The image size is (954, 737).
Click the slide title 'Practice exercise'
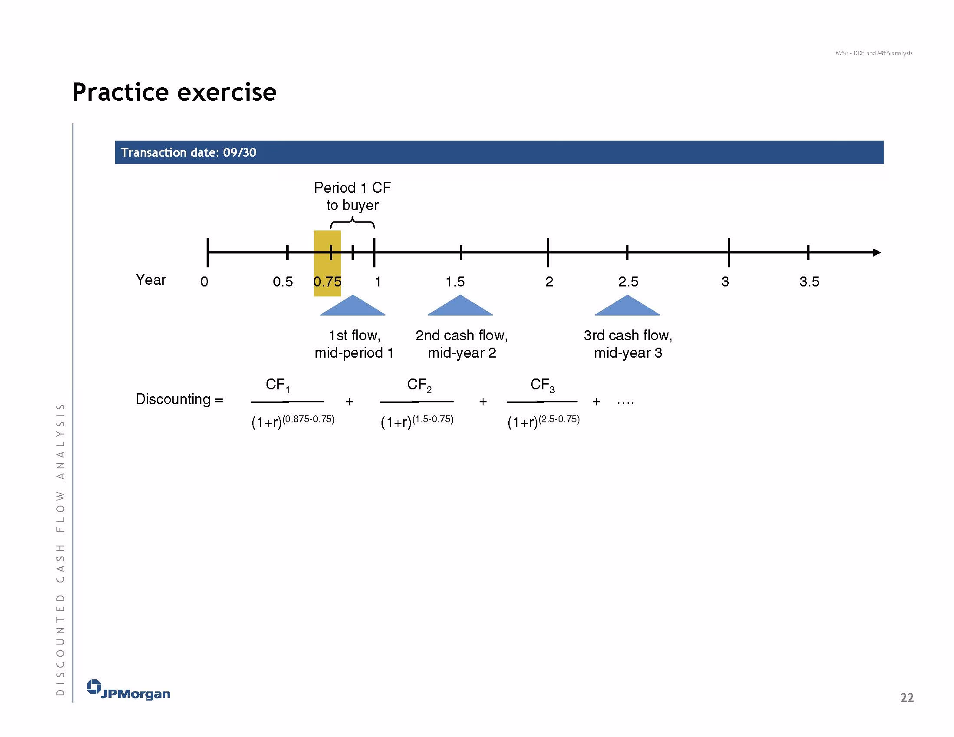click(x=174, y=92)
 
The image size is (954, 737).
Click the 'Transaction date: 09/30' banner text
click(x=188, y=152)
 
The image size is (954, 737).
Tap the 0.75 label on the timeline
click(x=327, y=282)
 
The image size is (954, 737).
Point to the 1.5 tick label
click(x=455, y=282)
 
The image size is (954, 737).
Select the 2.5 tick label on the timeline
click(x=628, y=282)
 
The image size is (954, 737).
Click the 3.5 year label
click(x=809, y=282)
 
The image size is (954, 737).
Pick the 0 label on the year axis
click(x=204, y=282)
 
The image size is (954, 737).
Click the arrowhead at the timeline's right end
click(x=877, y=253)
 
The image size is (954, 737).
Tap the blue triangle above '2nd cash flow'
click(x=460, y=306)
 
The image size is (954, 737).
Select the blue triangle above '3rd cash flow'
click(x=627, y=306)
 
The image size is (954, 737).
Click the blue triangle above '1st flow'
click(x=352, y=306)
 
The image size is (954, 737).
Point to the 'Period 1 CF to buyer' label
click(x=352, y=196)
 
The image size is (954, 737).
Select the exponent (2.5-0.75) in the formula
click(x=559, y=419)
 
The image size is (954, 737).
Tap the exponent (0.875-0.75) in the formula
click(x=309, y=419)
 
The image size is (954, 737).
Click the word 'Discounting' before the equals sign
click(x=173, y=399)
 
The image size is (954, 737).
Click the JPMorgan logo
click(x=128, y=690)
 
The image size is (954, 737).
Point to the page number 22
click(x=907, y=698)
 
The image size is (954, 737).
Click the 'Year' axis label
click(x=151, y=280)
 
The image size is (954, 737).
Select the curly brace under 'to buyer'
click(x=352, y=223)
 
